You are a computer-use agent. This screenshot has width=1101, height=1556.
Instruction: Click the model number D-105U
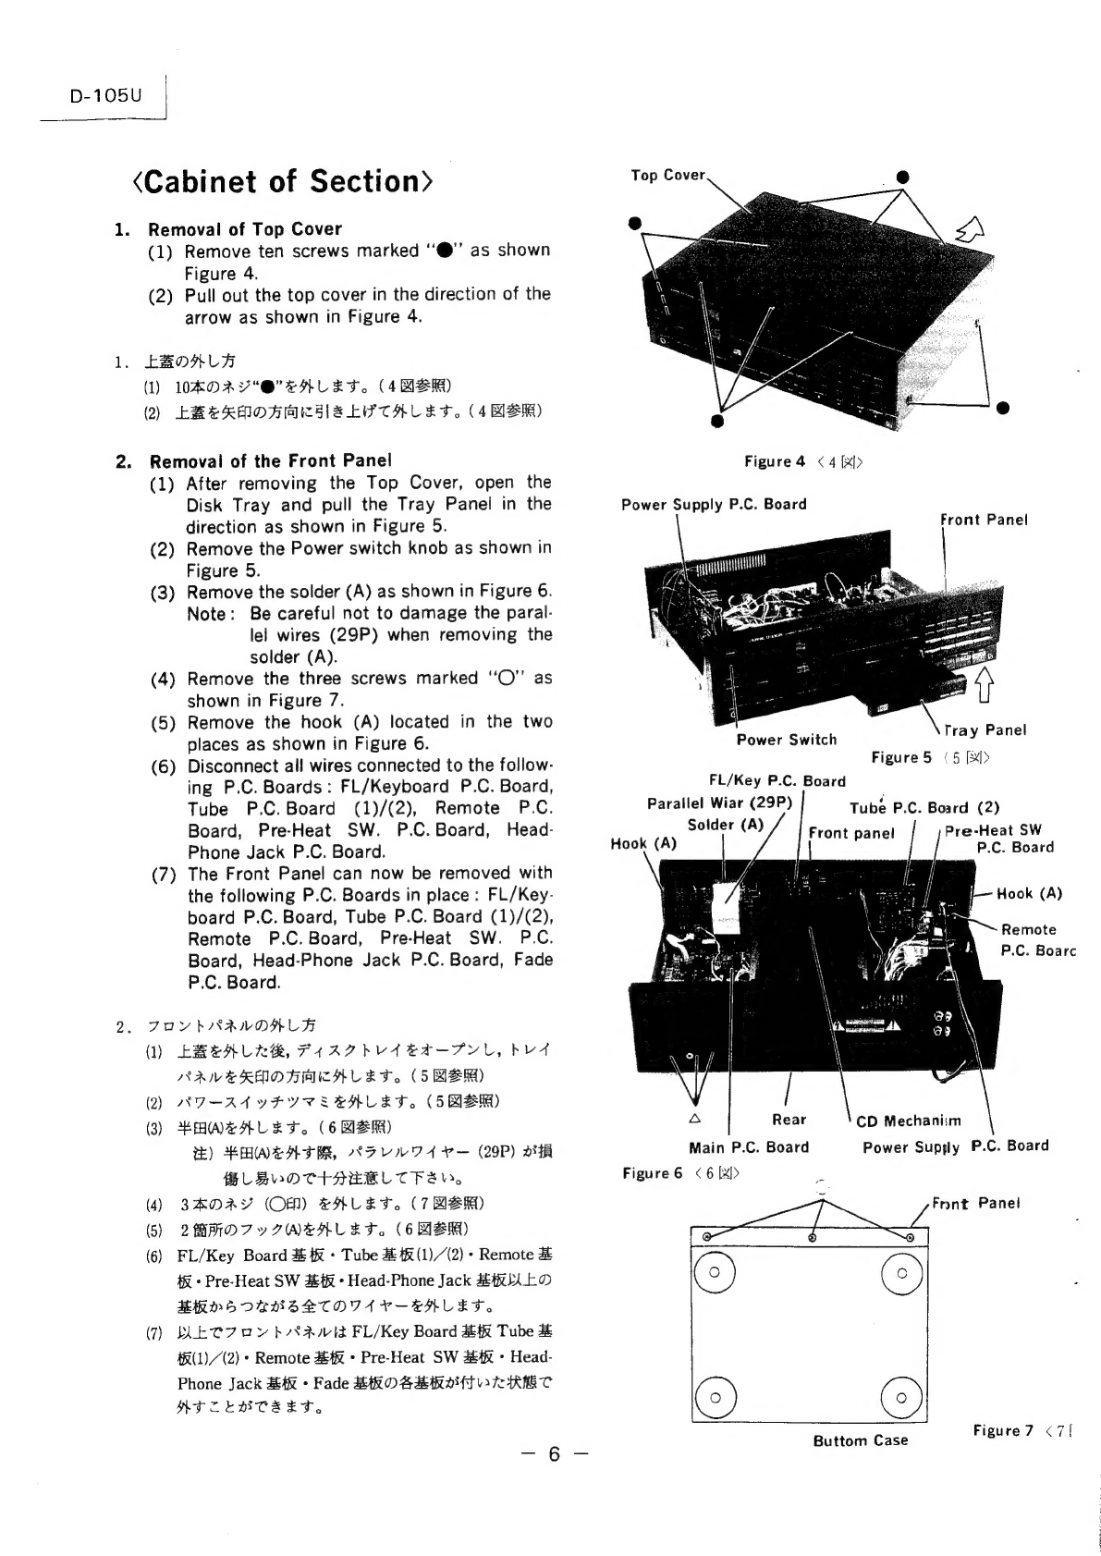pos(104,95)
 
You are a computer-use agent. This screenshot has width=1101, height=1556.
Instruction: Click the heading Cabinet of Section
pos(282,181)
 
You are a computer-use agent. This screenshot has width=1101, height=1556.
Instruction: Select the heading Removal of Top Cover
pos(244,228)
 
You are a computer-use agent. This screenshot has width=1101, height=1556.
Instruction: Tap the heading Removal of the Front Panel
pos(270,460)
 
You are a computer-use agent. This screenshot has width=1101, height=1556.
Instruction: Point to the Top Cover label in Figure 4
pos(667,175)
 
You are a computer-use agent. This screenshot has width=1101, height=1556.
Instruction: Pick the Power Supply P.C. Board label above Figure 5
pos(714,504)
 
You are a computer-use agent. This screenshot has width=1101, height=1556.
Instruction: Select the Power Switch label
pos(786,740)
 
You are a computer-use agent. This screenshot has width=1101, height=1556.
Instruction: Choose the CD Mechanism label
pos(908,1121)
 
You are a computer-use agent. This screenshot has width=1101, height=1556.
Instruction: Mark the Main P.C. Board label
pos(749,1147)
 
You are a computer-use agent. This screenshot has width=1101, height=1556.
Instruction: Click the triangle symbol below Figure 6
pos(695,1117)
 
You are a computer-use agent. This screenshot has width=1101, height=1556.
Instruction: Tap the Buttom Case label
pos(860,1440)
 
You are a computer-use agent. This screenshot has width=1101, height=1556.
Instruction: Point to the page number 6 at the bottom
pos(553,1454)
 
